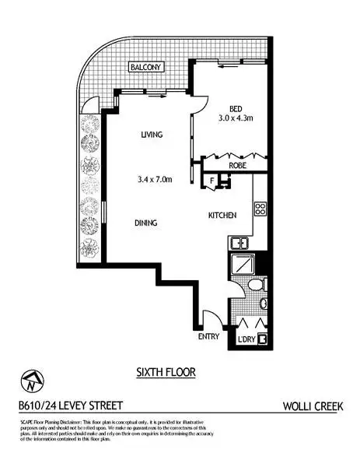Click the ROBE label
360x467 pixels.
tap(238, 165)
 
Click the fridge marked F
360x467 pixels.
tap(213, 183)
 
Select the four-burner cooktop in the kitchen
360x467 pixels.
tap(260, 209)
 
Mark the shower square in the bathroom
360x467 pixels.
tap(245, 265)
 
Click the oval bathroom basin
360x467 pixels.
tap(264, 303)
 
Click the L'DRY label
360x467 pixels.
tap(246, 340)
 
